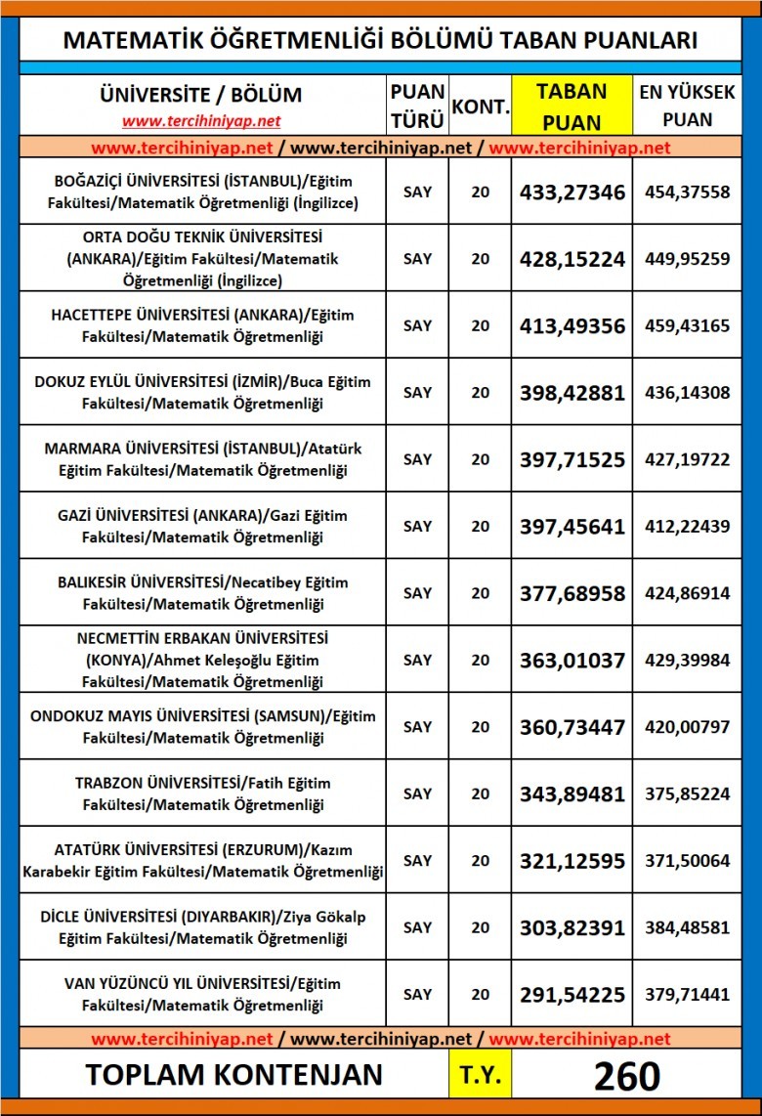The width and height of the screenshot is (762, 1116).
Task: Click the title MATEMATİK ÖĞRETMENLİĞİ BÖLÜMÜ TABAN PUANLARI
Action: coord(380,40)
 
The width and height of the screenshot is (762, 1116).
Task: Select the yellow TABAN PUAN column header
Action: coord(571,106)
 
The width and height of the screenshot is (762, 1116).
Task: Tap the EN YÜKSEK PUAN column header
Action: coord(687,106)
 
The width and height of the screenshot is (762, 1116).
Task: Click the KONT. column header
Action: coord(480,106)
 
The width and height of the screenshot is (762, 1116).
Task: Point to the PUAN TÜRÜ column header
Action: coord(417,106)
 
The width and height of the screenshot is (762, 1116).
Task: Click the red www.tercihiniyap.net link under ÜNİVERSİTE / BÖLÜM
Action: coord(201,121)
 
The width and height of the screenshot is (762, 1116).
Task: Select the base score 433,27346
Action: coord(571,192)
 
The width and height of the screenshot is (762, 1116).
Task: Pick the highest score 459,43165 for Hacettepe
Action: coord(687,325)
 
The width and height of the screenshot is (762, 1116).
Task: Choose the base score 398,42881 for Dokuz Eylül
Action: coord(571,392)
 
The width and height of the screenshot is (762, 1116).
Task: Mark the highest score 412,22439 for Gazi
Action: coord(687,526)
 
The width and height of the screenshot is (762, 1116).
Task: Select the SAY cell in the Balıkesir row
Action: coord(417,592)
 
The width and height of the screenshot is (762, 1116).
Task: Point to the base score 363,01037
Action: coord(571,660)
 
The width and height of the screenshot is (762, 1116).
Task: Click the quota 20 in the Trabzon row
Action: coord(480,794)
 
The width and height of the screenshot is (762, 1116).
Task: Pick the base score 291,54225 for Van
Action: coord(571,994)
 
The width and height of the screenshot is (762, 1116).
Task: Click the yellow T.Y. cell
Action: coord(480,1075)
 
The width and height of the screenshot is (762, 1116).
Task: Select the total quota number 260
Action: coord(626,1075)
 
